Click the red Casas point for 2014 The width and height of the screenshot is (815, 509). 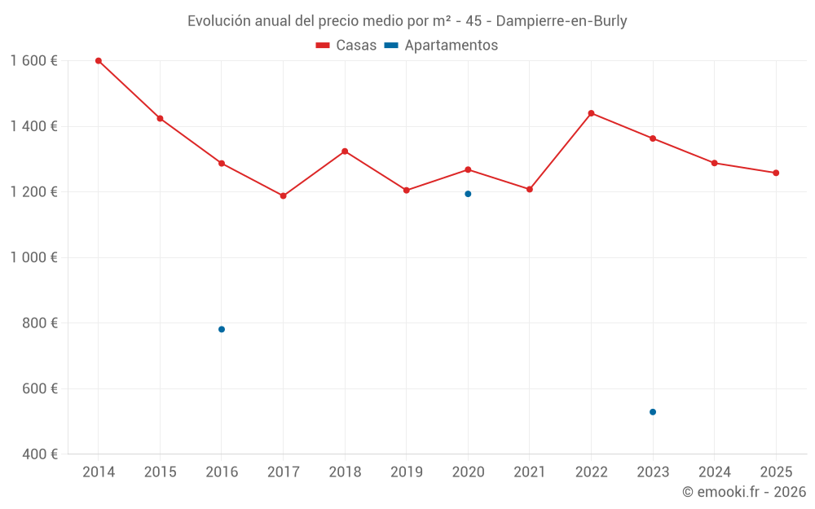[99, 61]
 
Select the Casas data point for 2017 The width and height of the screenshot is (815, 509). [283, 196]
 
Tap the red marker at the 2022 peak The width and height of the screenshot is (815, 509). [591, 113]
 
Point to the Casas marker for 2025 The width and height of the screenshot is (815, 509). [776, 173]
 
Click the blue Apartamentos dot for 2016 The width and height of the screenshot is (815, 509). [222, 329]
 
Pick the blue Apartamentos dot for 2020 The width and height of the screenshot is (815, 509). [468, 194]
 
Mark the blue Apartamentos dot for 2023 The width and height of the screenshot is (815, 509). [653, 412]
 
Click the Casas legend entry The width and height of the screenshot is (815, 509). [346, 46]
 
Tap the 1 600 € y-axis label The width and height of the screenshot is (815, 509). [33, 61]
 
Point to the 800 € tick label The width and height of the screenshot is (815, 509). [40, 323]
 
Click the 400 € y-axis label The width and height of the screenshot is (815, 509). [40, 454]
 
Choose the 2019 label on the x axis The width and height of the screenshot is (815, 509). [407, 472]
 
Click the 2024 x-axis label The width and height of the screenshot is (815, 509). [714, 472]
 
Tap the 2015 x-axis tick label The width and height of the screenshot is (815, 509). [160, 472]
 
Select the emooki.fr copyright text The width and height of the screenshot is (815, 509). [743, 492]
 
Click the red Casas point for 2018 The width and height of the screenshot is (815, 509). [345, 151]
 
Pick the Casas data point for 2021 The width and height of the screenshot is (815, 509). [530, 189]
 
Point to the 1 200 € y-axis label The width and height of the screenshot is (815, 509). [33, 192]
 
